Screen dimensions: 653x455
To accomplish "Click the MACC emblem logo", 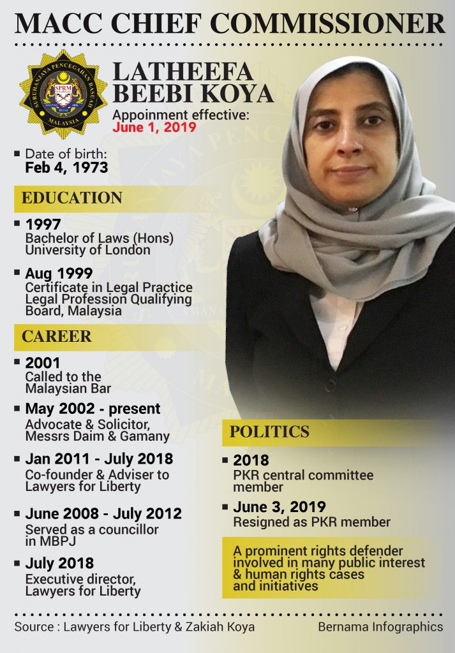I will click(x=63, y=94).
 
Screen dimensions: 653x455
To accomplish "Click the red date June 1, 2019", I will click(x=154, y=127).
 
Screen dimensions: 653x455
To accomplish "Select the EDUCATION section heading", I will click(x=72, y=198).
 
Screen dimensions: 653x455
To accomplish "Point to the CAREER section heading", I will click(x=57, y=336).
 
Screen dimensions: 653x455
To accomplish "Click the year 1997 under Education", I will click(x=43, y=224).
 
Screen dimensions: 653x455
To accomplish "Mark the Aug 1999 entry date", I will click(x=59, y=274).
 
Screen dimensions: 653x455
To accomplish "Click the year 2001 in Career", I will click(x=43, y=363).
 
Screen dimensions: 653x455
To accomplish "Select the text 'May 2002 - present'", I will click(x=93, y=409).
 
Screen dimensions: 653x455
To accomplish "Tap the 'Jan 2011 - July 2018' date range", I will click(x=99, y=459).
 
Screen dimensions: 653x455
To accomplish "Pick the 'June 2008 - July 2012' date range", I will click(x=103, y=514).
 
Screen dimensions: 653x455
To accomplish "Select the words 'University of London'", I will click(x=88, y=250).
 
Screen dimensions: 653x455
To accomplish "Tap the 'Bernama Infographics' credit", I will click(x=380, y=627).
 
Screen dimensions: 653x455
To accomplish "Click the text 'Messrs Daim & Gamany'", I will click(x=98, y=436).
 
